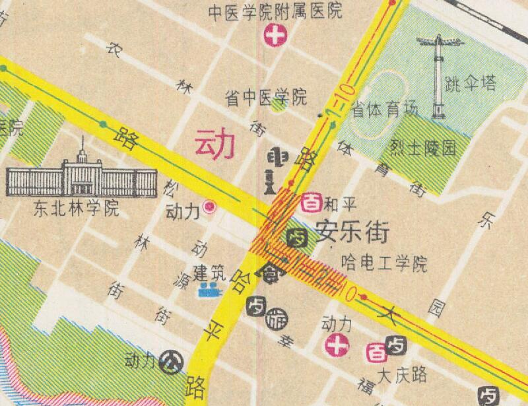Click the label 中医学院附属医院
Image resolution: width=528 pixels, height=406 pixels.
coord(275,11)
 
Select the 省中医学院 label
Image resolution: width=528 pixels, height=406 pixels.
coord(267,98)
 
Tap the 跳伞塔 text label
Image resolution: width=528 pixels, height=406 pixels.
coord(471,84)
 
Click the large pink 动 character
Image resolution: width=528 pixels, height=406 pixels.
coord(214,145)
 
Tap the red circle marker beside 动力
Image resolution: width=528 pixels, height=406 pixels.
coord(211,207)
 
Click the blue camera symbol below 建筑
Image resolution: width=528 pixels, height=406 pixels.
coord(210,289)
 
